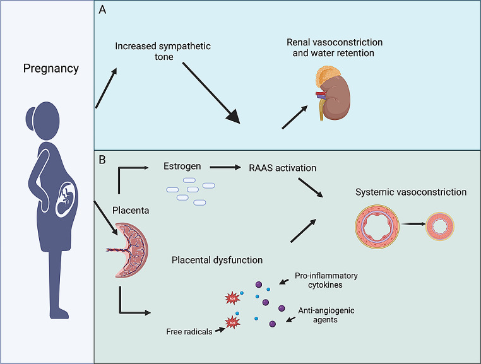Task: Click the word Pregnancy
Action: [x=51, y=68]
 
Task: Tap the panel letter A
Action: [x=102, y=11]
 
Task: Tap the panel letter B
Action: [x=102, y=160]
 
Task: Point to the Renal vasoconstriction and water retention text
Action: [x=334, y=48]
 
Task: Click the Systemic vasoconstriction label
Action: [x=412, y=192]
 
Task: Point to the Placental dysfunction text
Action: [x=217, y=260]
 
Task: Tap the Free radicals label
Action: [x=189, y=331]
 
